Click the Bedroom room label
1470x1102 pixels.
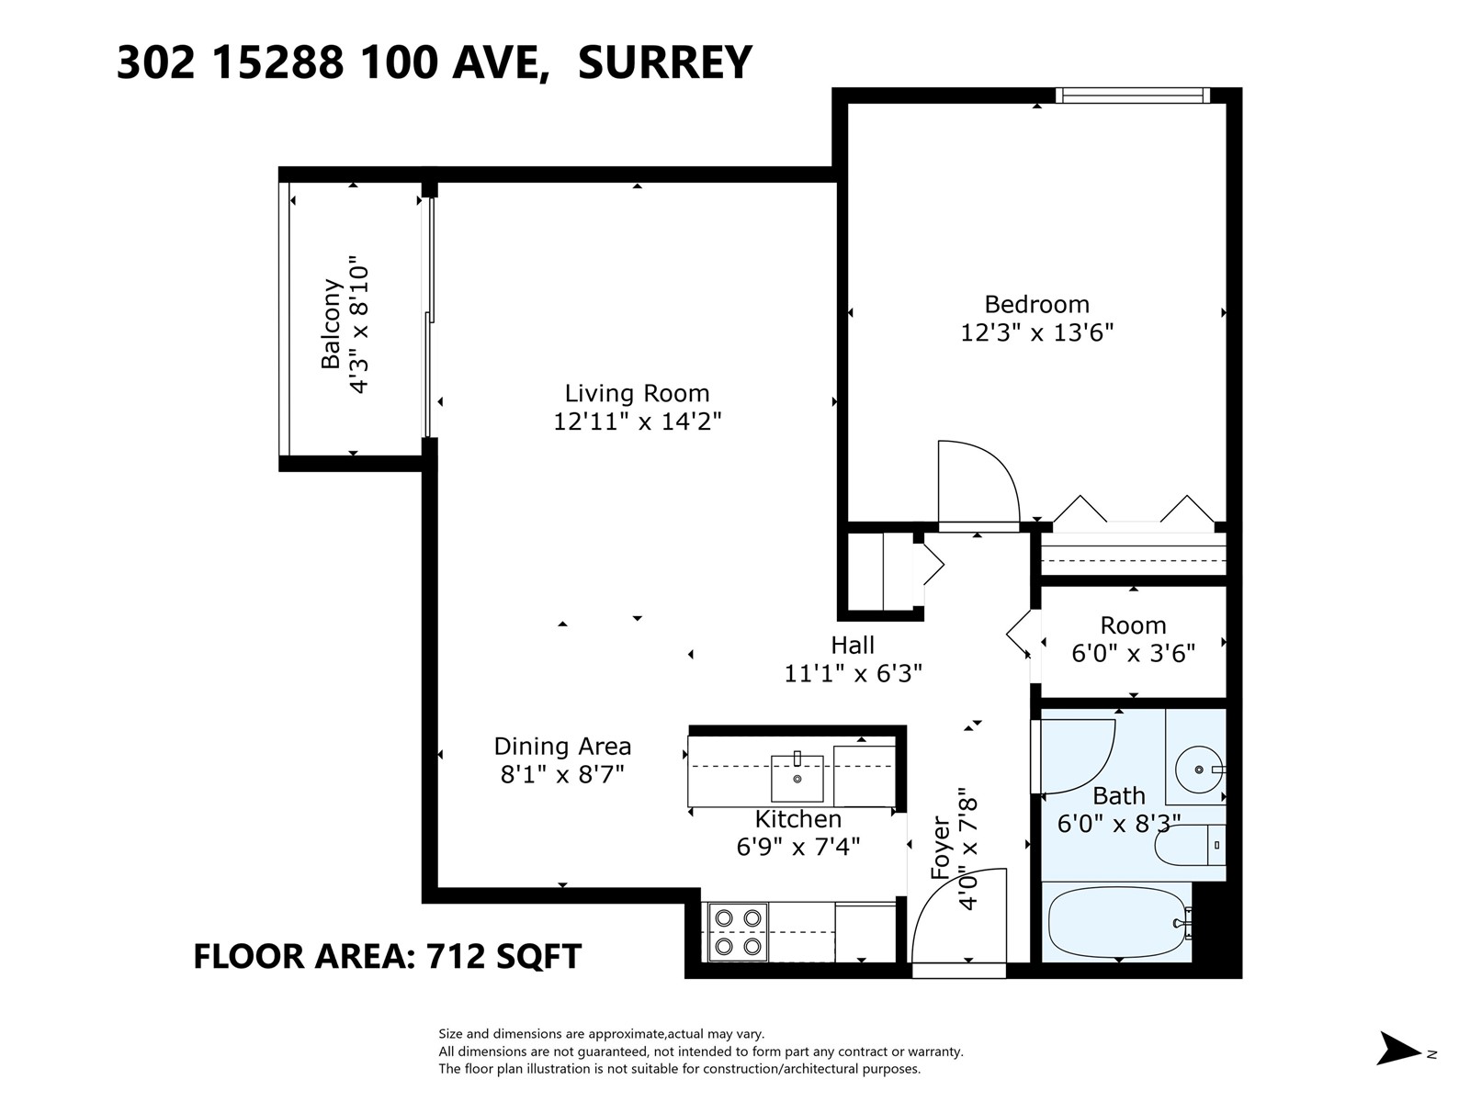1036,304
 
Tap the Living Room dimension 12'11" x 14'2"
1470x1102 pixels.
637,422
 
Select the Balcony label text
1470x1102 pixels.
331,324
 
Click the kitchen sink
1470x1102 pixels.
797,778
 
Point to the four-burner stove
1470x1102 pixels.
738,931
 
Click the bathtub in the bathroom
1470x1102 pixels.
1116,923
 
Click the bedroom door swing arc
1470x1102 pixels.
979,482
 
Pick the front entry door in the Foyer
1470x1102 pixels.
958,918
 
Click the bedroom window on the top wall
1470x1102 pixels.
1132,95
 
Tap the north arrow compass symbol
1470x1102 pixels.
1400,1048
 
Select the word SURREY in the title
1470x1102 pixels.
664,62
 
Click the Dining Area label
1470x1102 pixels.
562,746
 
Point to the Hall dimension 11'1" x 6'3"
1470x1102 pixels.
853,673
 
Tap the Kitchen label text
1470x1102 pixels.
797,818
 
